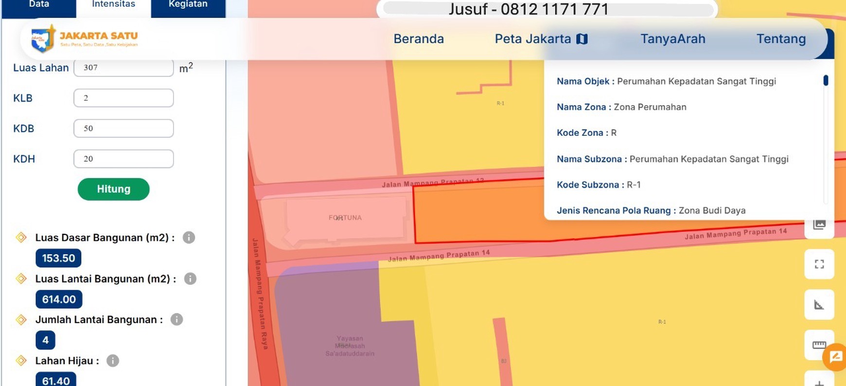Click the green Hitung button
coord(113,189)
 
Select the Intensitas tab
coord(113,5)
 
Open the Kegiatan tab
coord(188,5)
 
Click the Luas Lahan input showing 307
coord(123,68)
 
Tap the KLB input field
coord(123,98)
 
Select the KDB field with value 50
coord(123,129)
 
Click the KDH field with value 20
coord(123,159)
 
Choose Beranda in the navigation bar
coord(418,39)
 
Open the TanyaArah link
coord(672,39)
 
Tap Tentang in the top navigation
coord(781,39)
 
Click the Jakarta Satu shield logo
coord(42,39)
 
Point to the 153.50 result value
coord(58,258)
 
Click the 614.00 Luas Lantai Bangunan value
coord(59,299)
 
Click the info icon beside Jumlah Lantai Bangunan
coord(176,320)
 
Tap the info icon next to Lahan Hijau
coord(113,361)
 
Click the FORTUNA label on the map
coord(345,218)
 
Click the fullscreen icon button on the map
coord(819,264)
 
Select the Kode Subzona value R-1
coord(634,185)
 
